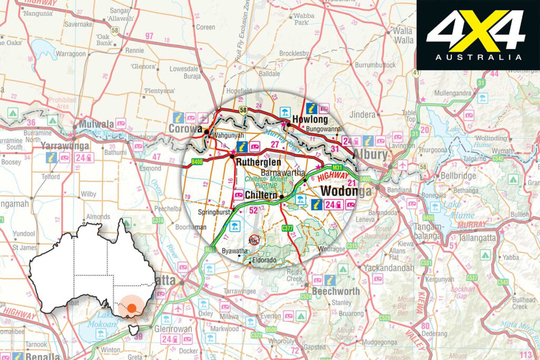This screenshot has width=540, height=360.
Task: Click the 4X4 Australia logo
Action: coord(478,35)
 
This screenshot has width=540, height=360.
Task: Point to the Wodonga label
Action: coord(345,191)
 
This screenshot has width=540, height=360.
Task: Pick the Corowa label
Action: coord(185,129)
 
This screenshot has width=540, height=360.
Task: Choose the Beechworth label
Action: coord(335,291)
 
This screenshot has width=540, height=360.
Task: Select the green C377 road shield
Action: coord(287,228)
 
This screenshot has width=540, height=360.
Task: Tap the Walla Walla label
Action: coord(403,35)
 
